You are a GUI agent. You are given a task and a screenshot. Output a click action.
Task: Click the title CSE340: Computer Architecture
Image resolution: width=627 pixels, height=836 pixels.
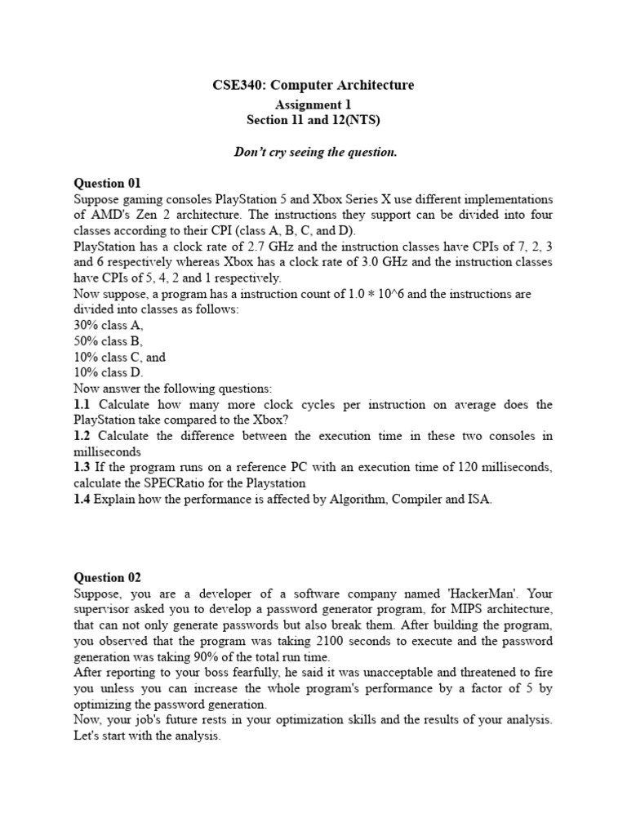click(313, 85)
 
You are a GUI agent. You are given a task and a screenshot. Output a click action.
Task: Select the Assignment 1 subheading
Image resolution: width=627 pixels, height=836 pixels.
click(313, 104)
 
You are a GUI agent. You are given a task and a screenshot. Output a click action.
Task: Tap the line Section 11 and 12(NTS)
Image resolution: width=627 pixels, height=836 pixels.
click(313, 120)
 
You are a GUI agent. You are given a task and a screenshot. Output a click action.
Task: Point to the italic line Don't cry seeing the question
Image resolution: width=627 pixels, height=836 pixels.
click(313, 152)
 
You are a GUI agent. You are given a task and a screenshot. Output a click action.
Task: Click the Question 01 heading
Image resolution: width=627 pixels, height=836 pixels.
click(107, 183)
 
